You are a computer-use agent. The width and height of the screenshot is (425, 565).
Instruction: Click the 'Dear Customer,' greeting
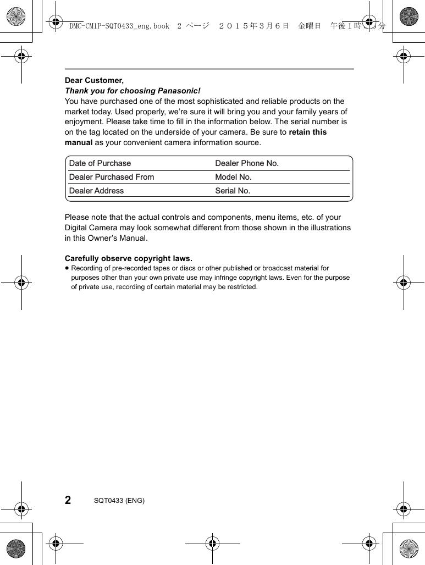point(94,80)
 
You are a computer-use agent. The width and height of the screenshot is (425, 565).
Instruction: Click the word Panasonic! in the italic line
point(179,91)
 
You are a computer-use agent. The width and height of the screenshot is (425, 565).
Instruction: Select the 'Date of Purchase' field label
point(100,163)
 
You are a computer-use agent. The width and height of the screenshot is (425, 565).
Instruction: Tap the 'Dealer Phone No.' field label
point(247,163)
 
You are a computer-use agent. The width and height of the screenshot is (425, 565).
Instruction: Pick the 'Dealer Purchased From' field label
point(112,177)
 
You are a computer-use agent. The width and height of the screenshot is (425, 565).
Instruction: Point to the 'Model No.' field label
point(233,177)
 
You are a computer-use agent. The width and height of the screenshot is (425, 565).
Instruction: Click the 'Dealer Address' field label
point(96,191)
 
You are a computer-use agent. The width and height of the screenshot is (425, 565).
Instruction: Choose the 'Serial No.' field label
point(233,191)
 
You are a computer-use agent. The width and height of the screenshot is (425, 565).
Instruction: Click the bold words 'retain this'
point(307,132)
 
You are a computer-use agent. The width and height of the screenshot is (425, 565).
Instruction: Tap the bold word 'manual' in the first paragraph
point(79,142)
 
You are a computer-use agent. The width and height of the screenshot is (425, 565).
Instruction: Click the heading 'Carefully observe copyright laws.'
point(129,258)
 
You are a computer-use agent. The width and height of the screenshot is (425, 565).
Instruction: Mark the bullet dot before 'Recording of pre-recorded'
point(67,268)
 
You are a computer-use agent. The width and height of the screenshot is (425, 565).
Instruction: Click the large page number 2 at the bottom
point(68,500)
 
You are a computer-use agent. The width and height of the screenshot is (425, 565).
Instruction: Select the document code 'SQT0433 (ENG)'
point(119,501)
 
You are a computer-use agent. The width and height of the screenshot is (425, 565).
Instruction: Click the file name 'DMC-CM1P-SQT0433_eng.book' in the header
point(119,26)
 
